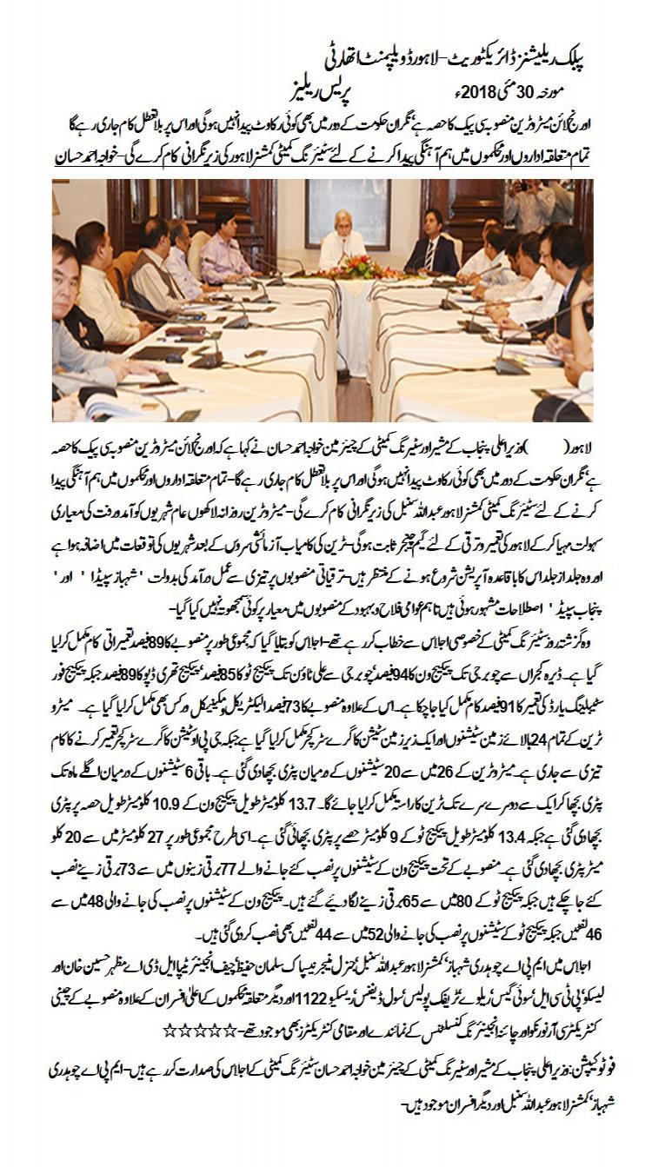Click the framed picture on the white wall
(349, 213)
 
